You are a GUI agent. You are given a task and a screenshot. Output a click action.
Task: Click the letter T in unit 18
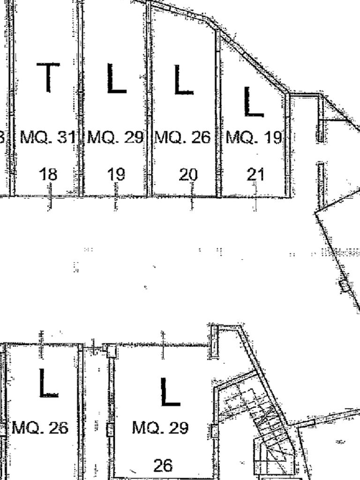click(x=48, y=77)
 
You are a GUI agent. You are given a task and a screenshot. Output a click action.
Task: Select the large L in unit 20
click(x=183, y=80)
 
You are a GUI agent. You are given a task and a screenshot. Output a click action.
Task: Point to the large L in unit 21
click(x=253, y=102)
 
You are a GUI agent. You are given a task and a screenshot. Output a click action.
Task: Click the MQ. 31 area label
click(x=48, y=138)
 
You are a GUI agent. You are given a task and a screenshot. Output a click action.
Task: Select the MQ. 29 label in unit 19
click(x=115, y=138)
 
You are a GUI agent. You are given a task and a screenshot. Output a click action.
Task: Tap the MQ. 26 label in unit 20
click(x=183, y=138)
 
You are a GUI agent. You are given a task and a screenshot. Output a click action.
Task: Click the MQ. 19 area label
click(x=254, y=138)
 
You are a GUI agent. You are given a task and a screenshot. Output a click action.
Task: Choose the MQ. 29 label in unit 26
click(x=160, y=427)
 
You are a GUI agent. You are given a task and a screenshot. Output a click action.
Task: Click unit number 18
click(x=48, y=174)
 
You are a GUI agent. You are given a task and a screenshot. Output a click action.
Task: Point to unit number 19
click(x=116, y=174)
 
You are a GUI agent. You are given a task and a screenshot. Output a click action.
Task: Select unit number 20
click(x=188, y=175)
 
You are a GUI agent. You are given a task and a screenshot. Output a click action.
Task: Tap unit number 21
click(x=255, y=174)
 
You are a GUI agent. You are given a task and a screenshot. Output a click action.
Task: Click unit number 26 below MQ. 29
click(x=163, y=465)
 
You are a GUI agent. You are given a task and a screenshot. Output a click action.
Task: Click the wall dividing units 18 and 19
click(x=81, y=98)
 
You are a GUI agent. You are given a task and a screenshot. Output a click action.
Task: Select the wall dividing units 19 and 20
click(x=149, y=98)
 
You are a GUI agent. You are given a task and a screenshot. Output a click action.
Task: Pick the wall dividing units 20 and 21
click(x=218, y=112)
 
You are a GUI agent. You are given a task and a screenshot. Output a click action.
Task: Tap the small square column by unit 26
click(x=111, y=350)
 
